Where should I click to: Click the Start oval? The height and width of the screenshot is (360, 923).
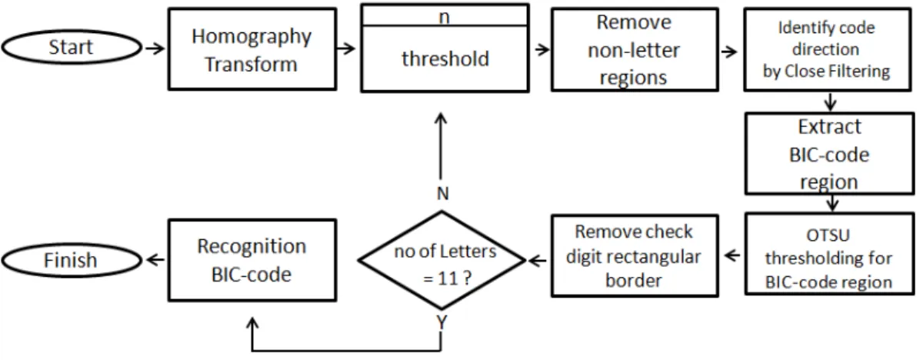(72, 47)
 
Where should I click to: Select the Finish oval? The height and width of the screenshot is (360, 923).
(72, 260)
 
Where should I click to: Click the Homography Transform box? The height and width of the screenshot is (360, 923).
(252, 49)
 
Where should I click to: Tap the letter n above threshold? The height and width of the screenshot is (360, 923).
(445, 17)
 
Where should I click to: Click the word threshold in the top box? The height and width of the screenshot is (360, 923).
(445, 59)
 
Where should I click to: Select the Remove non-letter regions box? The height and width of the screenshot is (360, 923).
(635, 50)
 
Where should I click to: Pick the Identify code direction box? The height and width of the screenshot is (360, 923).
(828, 49)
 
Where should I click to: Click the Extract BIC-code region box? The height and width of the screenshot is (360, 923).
(829, 154)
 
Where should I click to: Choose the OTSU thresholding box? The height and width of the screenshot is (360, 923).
(829, 254)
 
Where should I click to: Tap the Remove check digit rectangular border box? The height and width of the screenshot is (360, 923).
(635, 256)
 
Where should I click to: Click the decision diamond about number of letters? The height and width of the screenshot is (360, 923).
(442, 260)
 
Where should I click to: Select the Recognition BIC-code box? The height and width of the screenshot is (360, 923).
(252, 260)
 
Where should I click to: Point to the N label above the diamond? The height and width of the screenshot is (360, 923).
(442, 194)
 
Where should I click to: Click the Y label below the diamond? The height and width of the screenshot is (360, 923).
(442, 322)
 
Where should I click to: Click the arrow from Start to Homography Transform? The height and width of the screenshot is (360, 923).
(155, 48)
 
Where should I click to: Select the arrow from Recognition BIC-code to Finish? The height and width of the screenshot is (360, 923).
(155, 260)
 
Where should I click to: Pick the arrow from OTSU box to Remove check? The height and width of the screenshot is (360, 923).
(732, 256)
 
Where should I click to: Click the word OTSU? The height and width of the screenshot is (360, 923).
(828, 235)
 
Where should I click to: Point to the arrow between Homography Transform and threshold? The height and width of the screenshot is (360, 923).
(345, 48)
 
